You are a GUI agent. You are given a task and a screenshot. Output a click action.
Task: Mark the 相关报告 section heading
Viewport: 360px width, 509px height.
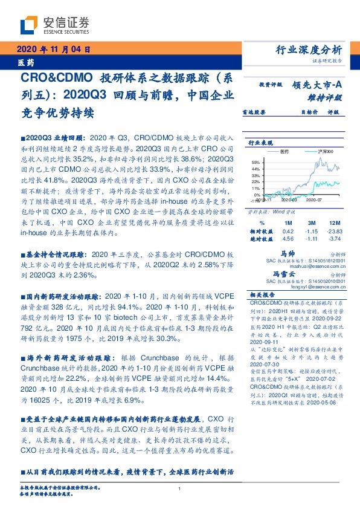point(262,294)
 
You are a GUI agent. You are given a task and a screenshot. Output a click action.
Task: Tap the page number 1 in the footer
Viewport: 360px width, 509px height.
point(180,488)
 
